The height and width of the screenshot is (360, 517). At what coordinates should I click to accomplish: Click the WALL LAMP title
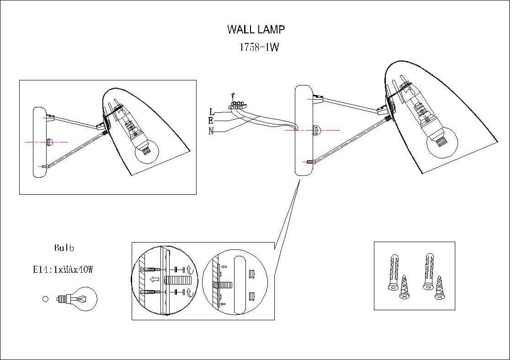[x=256, y=30]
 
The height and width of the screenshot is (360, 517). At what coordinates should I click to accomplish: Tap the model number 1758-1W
[x=259, y=48]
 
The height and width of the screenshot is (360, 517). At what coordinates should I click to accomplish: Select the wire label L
[x=212, y=112]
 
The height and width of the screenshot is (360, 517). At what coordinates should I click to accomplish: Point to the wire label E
[x=211, y=121]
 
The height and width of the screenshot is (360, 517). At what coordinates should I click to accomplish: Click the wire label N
[x=211, y=131]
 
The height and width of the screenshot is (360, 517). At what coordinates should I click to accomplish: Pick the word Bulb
[x=64, y=249]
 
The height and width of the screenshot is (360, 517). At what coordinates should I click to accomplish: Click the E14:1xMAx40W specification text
[x=63, y=270]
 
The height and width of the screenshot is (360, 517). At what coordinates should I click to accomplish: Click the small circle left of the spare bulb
[x=45, y=299]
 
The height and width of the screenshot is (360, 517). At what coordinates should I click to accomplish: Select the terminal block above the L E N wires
[x=236, y=106]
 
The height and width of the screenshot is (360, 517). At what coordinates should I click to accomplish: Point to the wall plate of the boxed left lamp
[x=39, y=142]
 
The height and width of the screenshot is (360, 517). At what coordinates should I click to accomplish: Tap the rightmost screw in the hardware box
[x=440, y=288]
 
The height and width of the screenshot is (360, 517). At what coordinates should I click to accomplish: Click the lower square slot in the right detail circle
[x=251, y=297]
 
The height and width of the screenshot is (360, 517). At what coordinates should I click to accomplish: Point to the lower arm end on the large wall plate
[x=310, y=162]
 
